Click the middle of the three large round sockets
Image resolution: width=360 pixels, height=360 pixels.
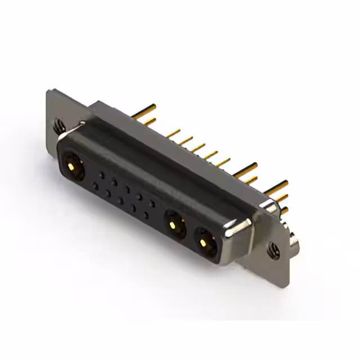(175, 225)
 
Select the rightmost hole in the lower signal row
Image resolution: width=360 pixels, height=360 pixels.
(146, 215)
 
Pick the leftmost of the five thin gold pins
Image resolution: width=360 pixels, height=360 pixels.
(174, 133)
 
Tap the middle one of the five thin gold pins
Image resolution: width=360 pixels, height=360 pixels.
(199, 147)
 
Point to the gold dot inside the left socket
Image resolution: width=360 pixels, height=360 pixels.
(72, 166)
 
